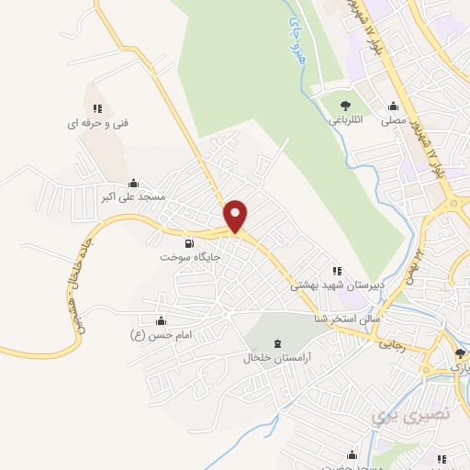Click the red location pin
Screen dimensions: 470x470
click(x=236, y=215)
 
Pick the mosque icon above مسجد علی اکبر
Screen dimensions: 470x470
click(x=134, y=181)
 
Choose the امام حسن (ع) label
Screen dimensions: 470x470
click(x=161, y=335)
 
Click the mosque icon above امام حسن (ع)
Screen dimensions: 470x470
click(x=162, y=321)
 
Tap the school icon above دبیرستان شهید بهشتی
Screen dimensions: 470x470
click(x=337, y=271)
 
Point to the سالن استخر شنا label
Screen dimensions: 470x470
click(x=347, y=319)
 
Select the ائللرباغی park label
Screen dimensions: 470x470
click(x=346, y=119)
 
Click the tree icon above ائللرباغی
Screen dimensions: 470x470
click(x=344, y=106)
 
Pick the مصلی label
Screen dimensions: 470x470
click(x=394, y=119)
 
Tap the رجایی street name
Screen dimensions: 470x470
click(x=391, y=345)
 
